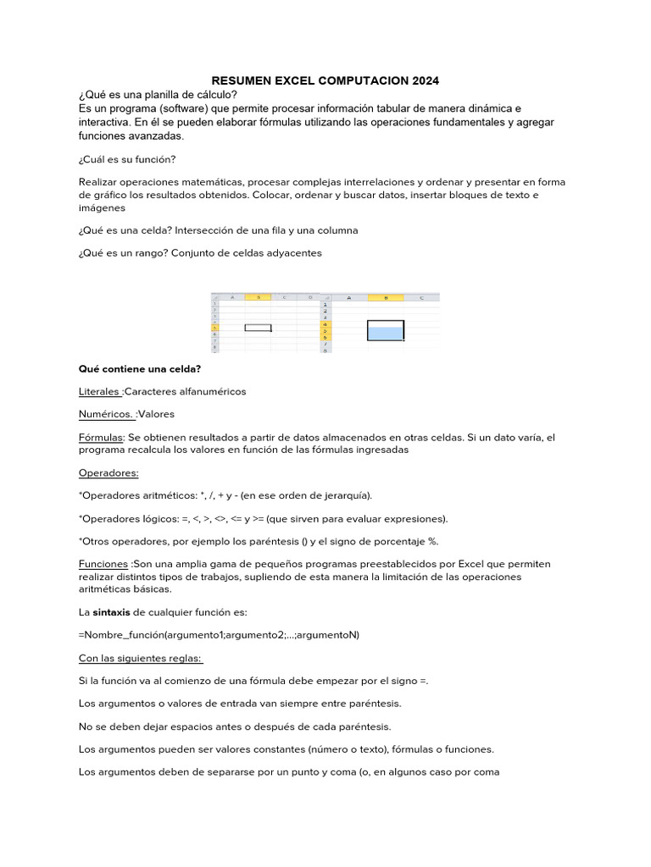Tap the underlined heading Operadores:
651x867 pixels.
[x=108, y=472]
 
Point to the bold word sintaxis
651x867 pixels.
[x=117, y=612]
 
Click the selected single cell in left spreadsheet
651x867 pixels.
[x=258, y=328]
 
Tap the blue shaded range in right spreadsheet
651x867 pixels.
[x=386, y=334]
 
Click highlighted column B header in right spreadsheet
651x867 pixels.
[x=386, y=298]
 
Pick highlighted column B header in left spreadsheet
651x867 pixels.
[x=258, y=298]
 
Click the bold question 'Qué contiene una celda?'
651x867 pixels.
[x=139, y=369]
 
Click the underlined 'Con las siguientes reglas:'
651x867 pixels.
[x=140, y=658]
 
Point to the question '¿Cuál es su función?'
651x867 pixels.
[x=127, y=159]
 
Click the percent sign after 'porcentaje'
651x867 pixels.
[x=432, y=541]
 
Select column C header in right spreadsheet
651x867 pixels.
[x=421, y=298]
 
